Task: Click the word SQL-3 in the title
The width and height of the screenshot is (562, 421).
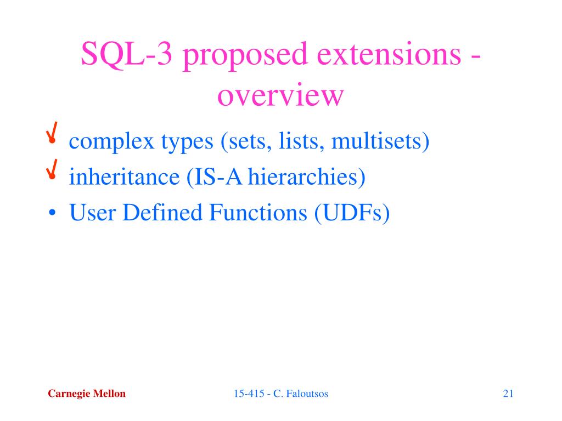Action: tap(127, 54)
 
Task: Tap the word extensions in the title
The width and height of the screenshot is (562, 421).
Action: tap(389, 54)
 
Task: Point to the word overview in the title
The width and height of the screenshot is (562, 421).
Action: tap(280, 95)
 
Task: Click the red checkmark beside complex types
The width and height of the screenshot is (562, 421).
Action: tap(52, 133)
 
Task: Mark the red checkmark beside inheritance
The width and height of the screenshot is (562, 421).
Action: tap(52, 169)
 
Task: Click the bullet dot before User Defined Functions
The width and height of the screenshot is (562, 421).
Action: tap(52, 213)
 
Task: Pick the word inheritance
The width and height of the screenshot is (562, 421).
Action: tap(125, 177)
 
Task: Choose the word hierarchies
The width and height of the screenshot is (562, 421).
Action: tap(303, 177)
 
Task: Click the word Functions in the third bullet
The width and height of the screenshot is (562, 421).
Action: tap(258, 212)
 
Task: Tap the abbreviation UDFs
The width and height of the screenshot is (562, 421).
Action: tap(352, 212)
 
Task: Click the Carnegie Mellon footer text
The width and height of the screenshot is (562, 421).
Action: tap(87, 394)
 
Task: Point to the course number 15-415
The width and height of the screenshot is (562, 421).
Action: tap(249, 394)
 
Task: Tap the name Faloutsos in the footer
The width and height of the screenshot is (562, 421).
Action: tap(307, 394)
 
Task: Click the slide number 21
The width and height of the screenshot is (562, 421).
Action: tap(508, 394)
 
